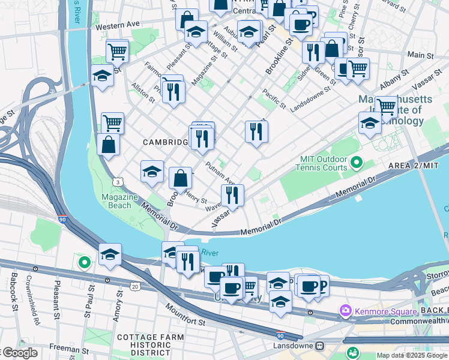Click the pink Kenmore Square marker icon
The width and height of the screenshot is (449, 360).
[x=345, y=311]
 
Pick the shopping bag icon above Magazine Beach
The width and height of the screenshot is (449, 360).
[x=108, y=145]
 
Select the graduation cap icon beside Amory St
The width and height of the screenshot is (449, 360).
[x=110, y=255]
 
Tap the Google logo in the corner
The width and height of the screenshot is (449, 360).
[x=20, y=353]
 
